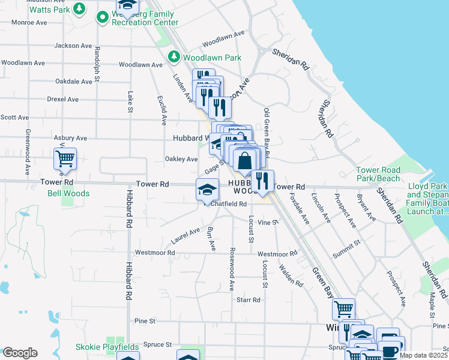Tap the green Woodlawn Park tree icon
point(174,57)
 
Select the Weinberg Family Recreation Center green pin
point(102,17)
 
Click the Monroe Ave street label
point(29,22)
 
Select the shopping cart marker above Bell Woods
point(65,160)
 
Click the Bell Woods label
point(68,193)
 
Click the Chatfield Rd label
point(228,204)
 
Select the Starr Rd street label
point(248,299)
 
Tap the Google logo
point(20,353)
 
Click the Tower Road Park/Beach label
point(378,174)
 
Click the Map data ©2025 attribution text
point(423,355)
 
